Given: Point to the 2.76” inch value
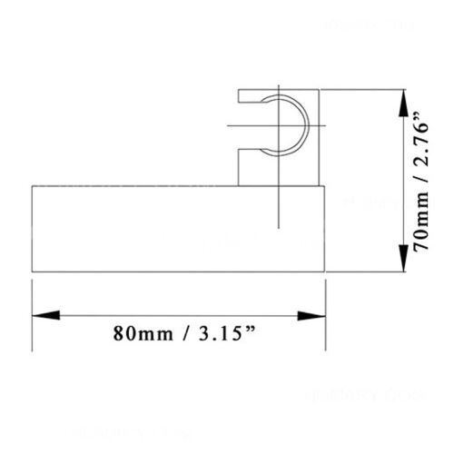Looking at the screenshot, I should tap(419, 141).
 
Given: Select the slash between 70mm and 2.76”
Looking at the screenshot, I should tap(419, 184).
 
